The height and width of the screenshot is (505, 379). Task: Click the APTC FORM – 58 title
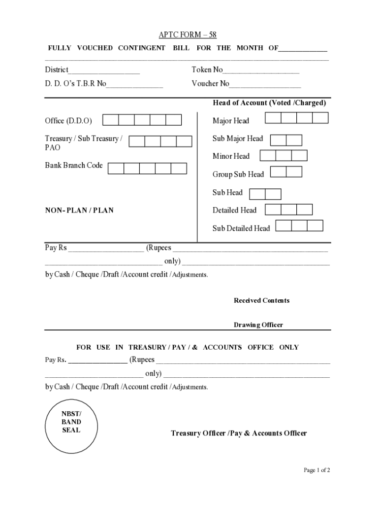click(x=188, y=35)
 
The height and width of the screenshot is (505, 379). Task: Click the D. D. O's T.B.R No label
click(x=75, y=84)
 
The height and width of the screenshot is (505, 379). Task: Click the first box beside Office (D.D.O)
click(x=111, y=120)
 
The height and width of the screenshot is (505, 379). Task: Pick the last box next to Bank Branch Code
click(x=179, y=169)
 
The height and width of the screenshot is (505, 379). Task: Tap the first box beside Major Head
click(x=273, y=118)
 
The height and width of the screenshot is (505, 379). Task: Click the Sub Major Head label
click(x=238, y=139)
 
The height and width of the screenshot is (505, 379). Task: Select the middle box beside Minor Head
click(x=284, y=156)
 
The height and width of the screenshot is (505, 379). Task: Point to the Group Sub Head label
click(x=238, y=175)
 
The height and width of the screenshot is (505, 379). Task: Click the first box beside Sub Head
click(x=257, y=194)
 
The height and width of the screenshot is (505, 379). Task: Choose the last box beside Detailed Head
click(x=304, y=210)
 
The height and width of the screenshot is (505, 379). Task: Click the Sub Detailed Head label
click(x=241, y=228)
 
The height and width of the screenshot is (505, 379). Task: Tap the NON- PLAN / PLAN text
click(x=79, y=211)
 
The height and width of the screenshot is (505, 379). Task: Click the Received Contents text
click(x=261, y=301)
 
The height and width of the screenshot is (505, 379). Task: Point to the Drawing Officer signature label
click(x=258, y=325)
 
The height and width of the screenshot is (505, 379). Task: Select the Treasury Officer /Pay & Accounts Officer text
click(x=239, y=433)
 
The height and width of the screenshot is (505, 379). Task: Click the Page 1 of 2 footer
click(x=316, y=470)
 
